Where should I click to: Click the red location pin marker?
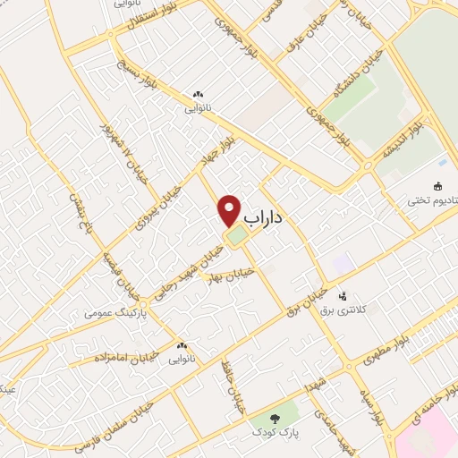230,210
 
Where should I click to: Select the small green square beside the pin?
237,237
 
